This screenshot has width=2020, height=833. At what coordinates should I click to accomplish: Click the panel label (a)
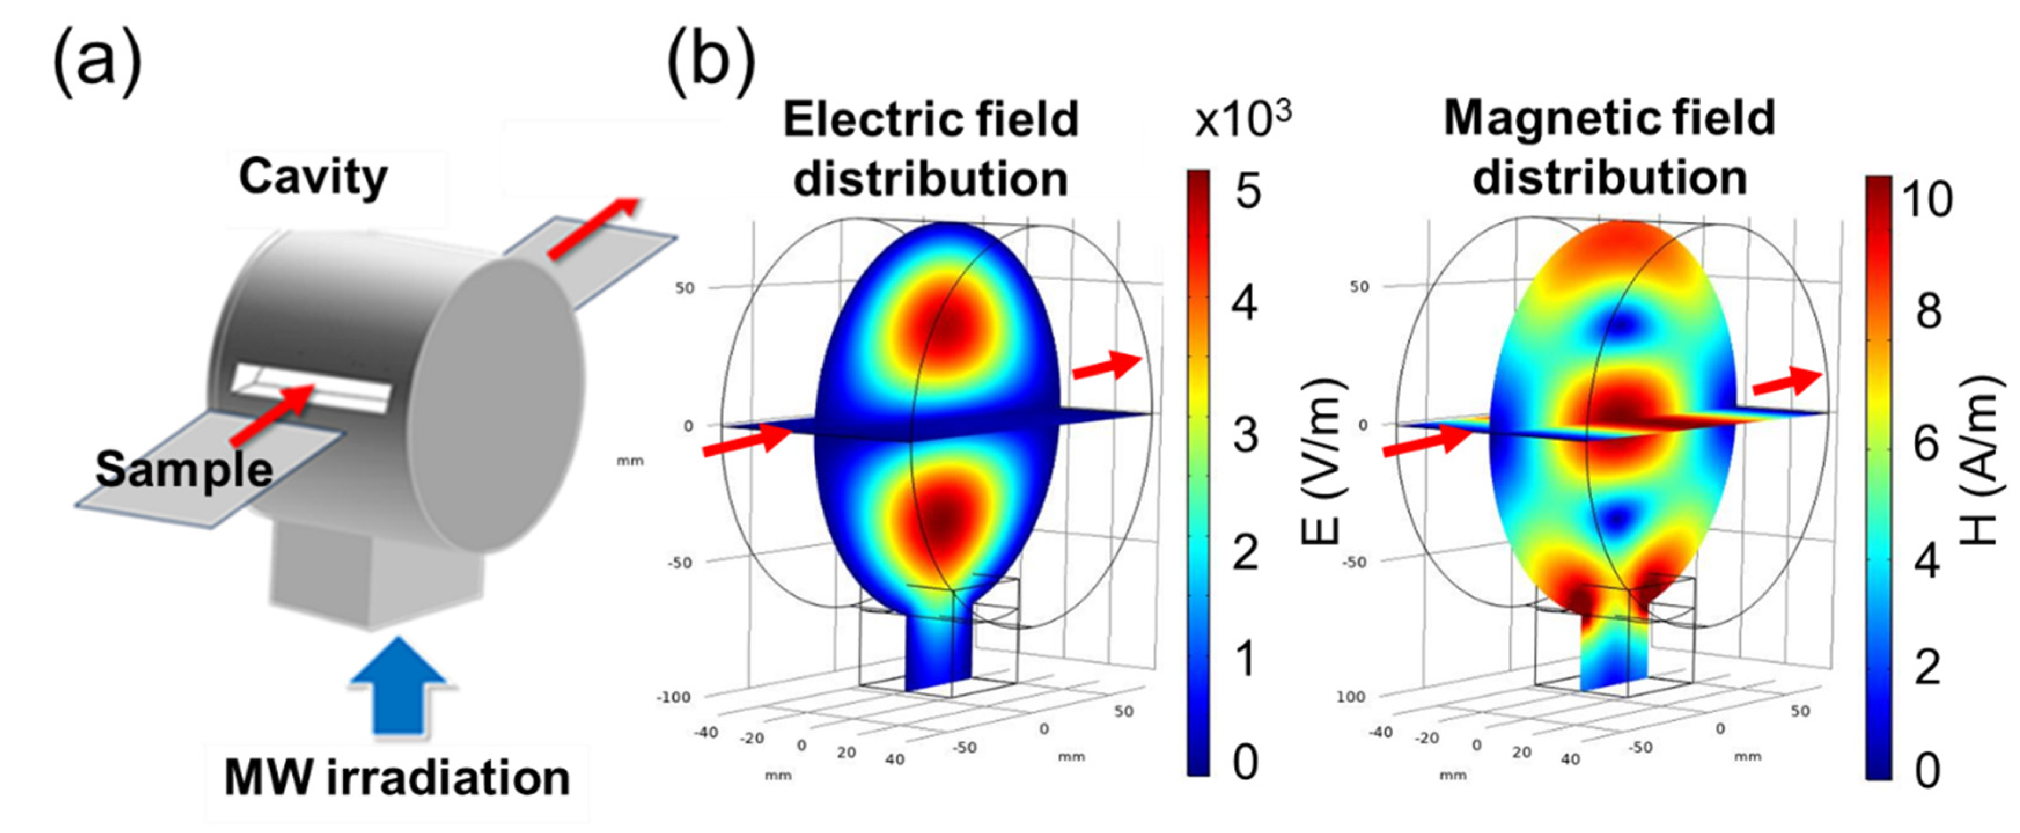(97, 61)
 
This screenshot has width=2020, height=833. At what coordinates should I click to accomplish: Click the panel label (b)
(711, 61)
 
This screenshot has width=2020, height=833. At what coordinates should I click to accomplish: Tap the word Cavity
(313, 177)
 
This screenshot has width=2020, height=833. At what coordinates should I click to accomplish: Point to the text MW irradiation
(397, 778)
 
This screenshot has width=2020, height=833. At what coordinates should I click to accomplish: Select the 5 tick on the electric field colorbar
(1248, 190)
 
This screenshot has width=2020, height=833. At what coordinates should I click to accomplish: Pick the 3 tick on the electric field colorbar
(1246, 435)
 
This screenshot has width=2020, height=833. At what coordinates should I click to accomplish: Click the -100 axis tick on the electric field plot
(674, 696)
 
